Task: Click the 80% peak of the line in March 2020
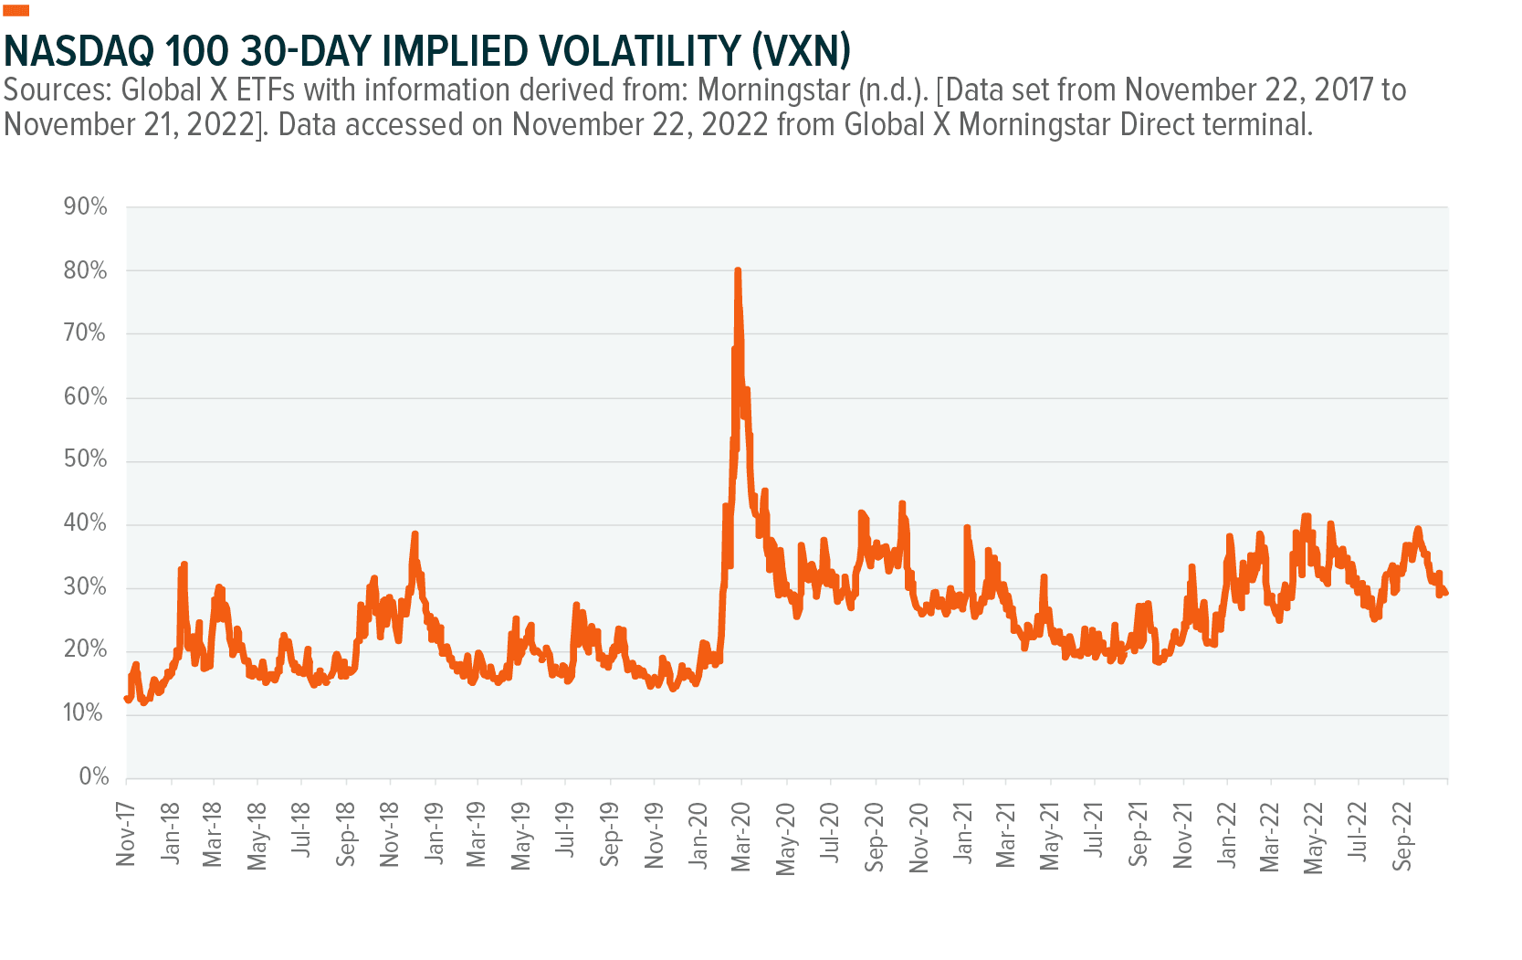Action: tap(738, 271)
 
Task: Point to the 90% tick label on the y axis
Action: tap(85, 207)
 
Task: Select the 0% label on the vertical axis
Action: tap(93, 777)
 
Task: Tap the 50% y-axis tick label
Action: tap(85, 459)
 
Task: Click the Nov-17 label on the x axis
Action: tap(126, 834)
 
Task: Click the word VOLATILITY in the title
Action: tap(620, 50)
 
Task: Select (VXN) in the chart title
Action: tap(801, 50)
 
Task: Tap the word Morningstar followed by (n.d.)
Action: tap(775, 90)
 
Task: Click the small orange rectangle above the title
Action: tap(16, 11)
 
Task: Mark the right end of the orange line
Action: tap(1447, 594)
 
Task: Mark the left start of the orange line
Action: tap(126, 699)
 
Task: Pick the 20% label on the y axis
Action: tap(85, 650)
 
